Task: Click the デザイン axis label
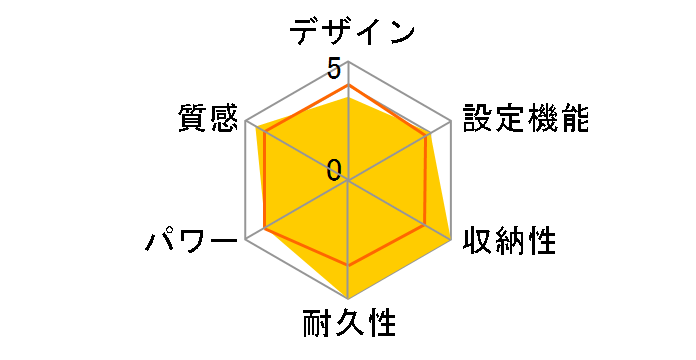(352, 31)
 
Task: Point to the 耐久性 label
(349, 326)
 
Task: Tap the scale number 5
(334, 68)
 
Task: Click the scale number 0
(334, 170)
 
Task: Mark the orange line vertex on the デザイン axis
(348, 86)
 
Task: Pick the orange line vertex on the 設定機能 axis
(429, 134)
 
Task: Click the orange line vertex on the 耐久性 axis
(348, 265)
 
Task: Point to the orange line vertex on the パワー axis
(265, 228)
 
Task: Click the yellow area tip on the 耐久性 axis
(348, 298)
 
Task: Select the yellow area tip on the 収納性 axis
(450, 240)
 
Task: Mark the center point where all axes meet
(348, 180)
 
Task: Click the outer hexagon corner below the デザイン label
(348, 62)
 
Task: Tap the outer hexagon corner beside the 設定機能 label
(450, 121)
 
